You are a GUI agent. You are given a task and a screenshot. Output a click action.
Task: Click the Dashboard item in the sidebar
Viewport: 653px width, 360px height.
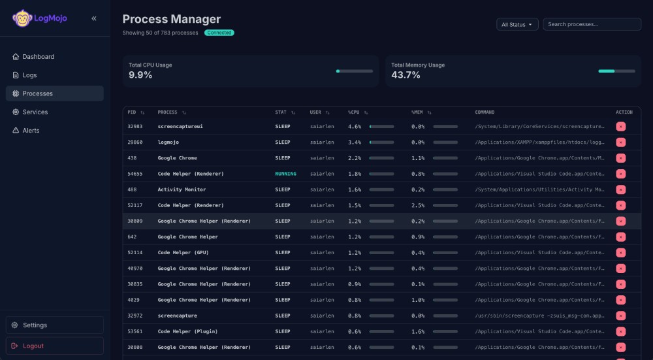[38, 57]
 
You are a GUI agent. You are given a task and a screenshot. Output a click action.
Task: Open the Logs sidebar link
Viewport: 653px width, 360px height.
[29, 75]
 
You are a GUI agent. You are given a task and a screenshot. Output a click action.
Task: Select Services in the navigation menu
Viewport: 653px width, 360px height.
[35, 112]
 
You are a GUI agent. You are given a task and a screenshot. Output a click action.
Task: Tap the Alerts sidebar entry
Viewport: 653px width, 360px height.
[31, 131]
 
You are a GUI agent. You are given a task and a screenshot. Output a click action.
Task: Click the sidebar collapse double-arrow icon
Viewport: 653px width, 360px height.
[94, 18]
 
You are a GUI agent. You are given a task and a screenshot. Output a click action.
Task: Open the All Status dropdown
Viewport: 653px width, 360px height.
[517, 24]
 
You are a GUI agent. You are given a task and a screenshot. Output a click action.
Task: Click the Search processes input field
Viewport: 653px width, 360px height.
[592, 24]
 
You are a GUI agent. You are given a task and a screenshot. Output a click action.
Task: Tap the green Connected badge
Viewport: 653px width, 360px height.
[219, 33]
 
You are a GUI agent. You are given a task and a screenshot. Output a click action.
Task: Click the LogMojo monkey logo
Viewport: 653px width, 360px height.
[22, 18]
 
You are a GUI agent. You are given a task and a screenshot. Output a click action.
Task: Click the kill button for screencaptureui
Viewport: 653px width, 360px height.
[620, 127]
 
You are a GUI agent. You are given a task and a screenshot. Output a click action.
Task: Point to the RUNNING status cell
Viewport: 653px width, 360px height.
[285, 174]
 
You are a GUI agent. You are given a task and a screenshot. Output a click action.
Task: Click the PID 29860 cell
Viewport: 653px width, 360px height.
[135, 142]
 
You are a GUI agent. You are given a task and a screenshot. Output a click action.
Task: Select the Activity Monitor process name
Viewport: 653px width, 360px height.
[182, 189]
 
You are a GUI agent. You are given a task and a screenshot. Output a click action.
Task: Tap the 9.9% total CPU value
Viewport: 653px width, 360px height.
[140, 75]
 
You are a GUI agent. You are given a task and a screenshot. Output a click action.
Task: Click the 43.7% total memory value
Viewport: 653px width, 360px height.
[406, 75]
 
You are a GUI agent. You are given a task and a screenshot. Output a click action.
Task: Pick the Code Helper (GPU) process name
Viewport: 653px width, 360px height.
[183, 253]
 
